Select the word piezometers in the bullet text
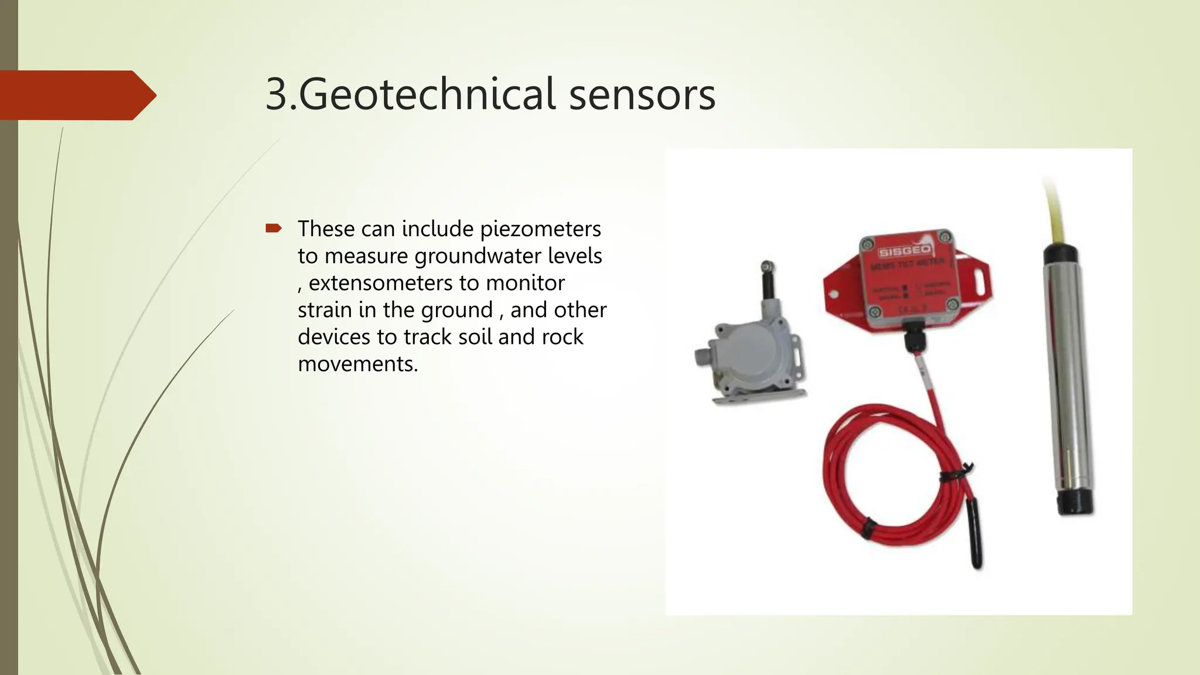[540, 229]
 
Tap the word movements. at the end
[358, 364]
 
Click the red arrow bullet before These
[274, 228]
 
